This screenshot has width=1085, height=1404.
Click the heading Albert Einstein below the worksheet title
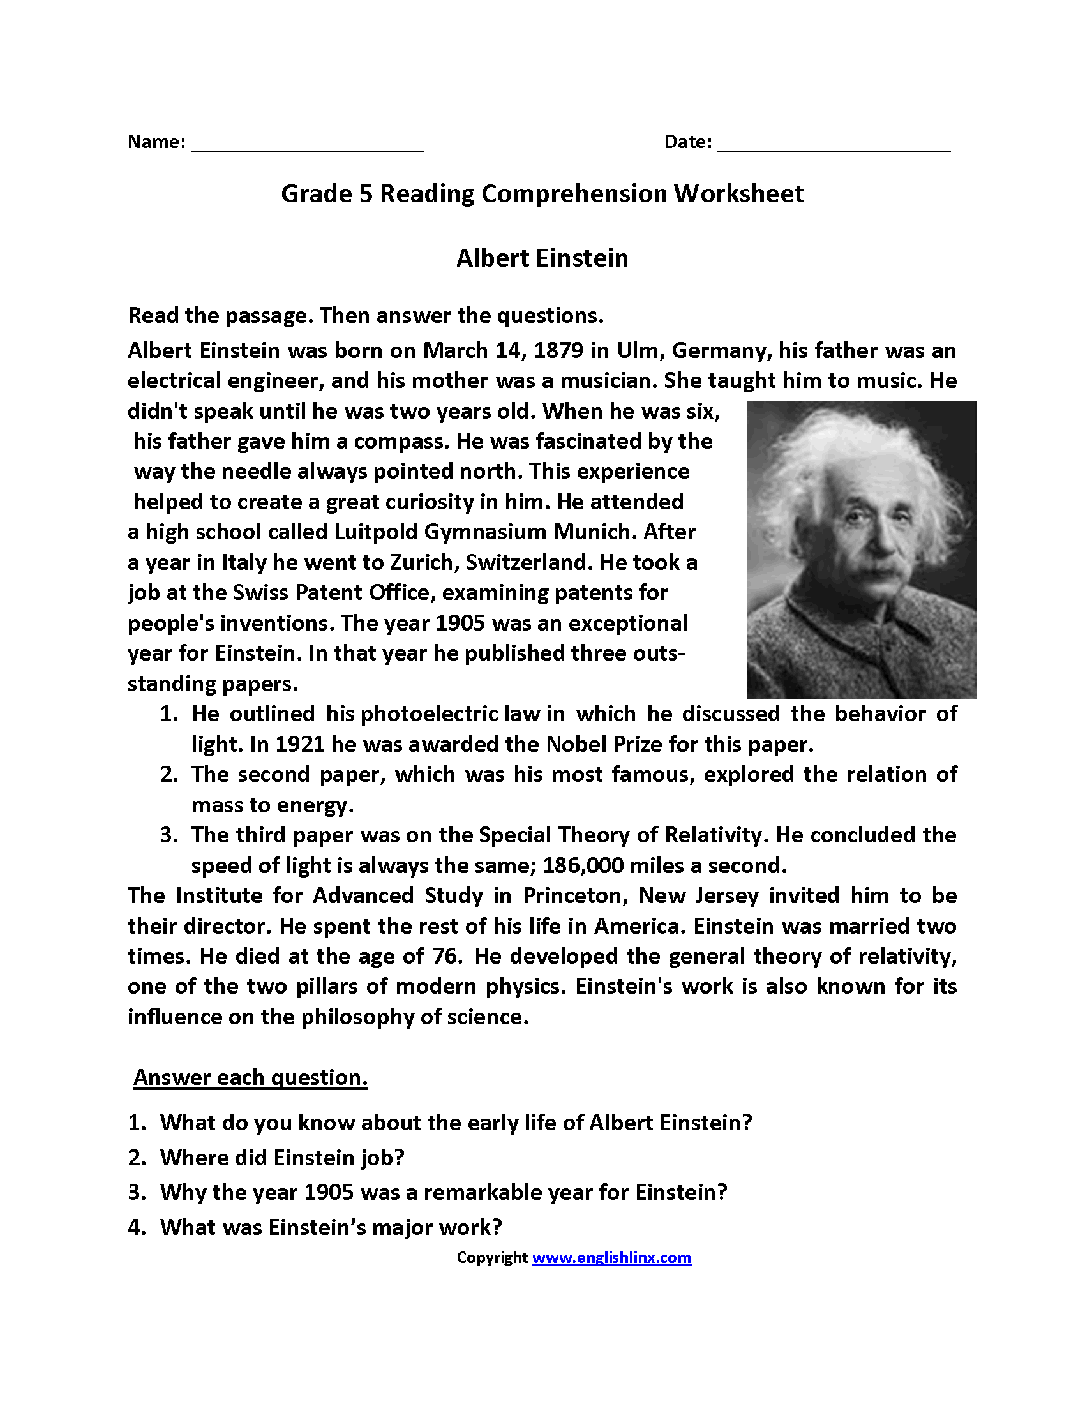coord(542,258)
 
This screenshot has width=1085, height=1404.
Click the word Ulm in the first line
coord(638,351)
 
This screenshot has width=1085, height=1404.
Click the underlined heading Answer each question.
coord(251,1078)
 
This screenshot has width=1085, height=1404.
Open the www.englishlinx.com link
coord(611,1258)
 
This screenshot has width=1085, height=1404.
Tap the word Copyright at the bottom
coord(491,1258)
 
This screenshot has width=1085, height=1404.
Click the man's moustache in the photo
coord(875,569)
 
